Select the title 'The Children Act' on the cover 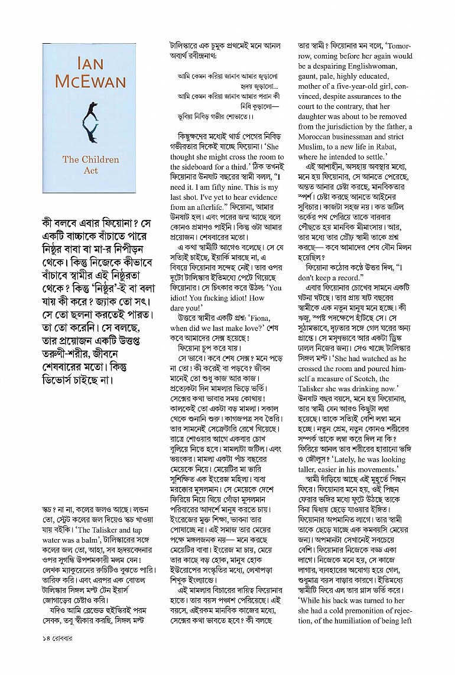tap(90, 164)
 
